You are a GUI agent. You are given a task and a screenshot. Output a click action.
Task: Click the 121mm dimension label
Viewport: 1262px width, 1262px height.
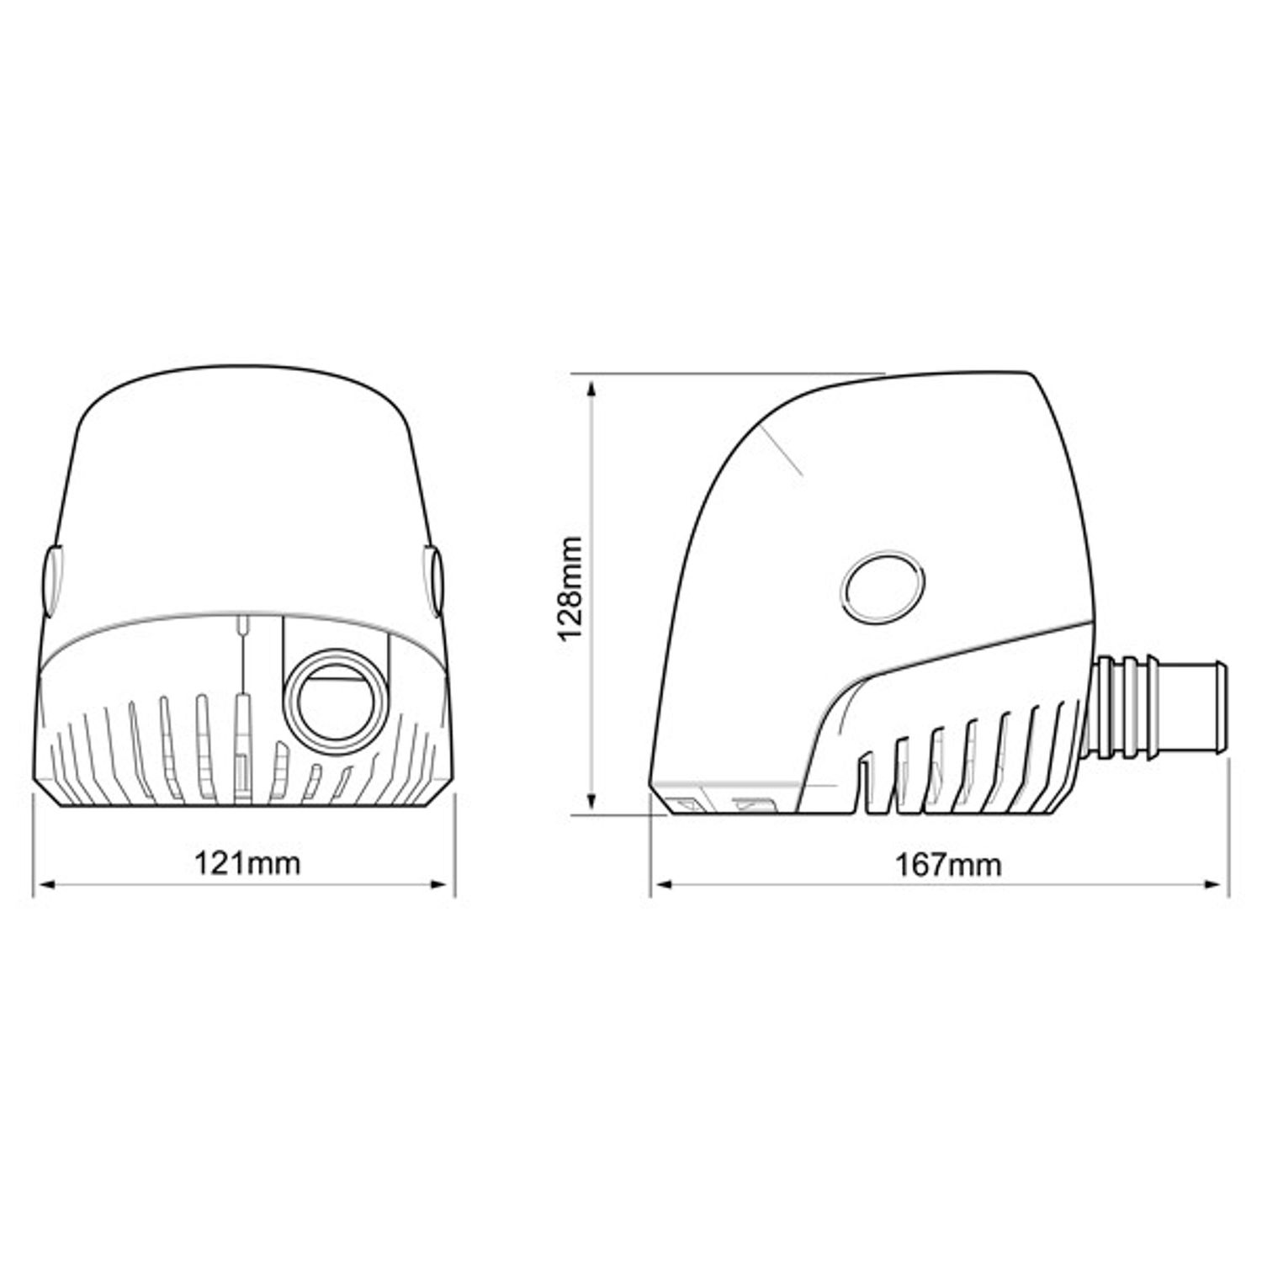point(247,863)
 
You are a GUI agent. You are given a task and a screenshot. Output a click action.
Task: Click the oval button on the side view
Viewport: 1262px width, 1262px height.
point(883,586)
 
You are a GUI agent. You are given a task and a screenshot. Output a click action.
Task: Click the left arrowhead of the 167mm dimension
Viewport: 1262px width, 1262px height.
point(662,884)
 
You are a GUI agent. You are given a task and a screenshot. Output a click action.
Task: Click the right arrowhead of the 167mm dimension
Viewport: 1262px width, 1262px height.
point(1219,884)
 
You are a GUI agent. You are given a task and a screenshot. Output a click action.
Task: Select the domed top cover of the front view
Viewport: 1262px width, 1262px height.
point(244,480)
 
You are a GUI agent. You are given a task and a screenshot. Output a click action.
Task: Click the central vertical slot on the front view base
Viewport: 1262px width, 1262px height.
point(242,740)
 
